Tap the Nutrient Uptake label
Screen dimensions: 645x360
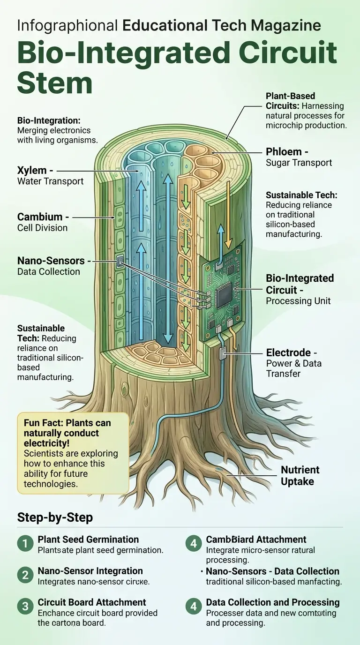pyautogui.click(x=300, y=475)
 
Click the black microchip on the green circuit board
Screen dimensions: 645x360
pyautogui.click(x=224, y=295)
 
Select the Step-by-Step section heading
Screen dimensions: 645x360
pyautogui.click(x=55, y=517)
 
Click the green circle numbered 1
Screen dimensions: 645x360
pyautogui.click(x=24, y=544)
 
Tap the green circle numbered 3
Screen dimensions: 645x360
pyautogui.click(x=24, y=607)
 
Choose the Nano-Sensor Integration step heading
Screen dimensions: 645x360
pyautogui.click(x=90, y=571)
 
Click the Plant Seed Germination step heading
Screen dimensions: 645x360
pyautogui.click(x=88, y=540)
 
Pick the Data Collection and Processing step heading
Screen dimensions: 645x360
pyautogui.click(x=273, y=602)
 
